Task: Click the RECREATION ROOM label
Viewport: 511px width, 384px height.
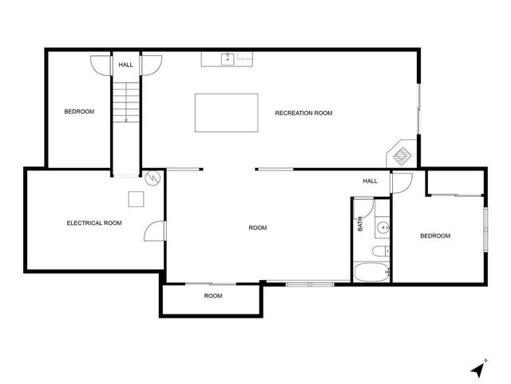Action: click(303, 113)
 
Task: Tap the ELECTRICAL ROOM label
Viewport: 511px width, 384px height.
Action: click(94, 223)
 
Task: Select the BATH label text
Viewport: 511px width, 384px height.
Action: click(361, 226)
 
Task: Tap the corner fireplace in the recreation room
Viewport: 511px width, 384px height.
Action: click(402, 154)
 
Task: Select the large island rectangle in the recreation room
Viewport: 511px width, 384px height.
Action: click(227, 113)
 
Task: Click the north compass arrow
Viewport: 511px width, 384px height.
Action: click(478, 369)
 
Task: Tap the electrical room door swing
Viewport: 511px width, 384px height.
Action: click(153, 231)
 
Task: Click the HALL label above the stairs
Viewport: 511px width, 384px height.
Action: click(126, 65)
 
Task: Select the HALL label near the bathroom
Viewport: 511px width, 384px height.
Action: click(370, 181)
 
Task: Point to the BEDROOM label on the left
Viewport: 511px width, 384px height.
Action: click(79, 111)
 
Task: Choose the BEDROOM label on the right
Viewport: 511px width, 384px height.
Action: click(435, 236)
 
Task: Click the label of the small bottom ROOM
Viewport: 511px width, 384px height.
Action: click(212, 296)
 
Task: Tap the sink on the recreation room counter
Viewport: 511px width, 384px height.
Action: click(227, 58)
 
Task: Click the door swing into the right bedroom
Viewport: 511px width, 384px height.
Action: click(402, 182)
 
